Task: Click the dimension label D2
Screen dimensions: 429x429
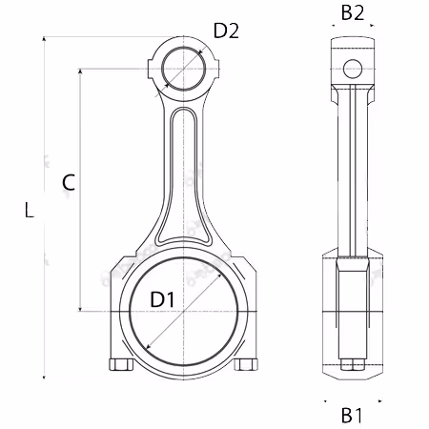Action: point(226,31)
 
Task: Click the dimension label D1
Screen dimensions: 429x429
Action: point(162,299)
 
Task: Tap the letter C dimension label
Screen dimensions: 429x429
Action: point(69,182)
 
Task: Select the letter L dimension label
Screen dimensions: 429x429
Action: point(30,210)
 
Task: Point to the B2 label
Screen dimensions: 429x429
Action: point(353,13)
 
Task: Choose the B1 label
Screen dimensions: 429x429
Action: point(352,415)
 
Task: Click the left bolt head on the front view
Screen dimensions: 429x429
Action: point(121,364)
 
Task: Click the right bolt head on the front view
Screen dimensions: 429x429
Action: point(246,364)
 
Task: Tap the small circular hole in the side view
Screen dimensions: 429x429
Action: point(353,69)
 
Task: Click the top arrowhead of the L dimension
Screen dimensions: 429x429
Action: point(44,38)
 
